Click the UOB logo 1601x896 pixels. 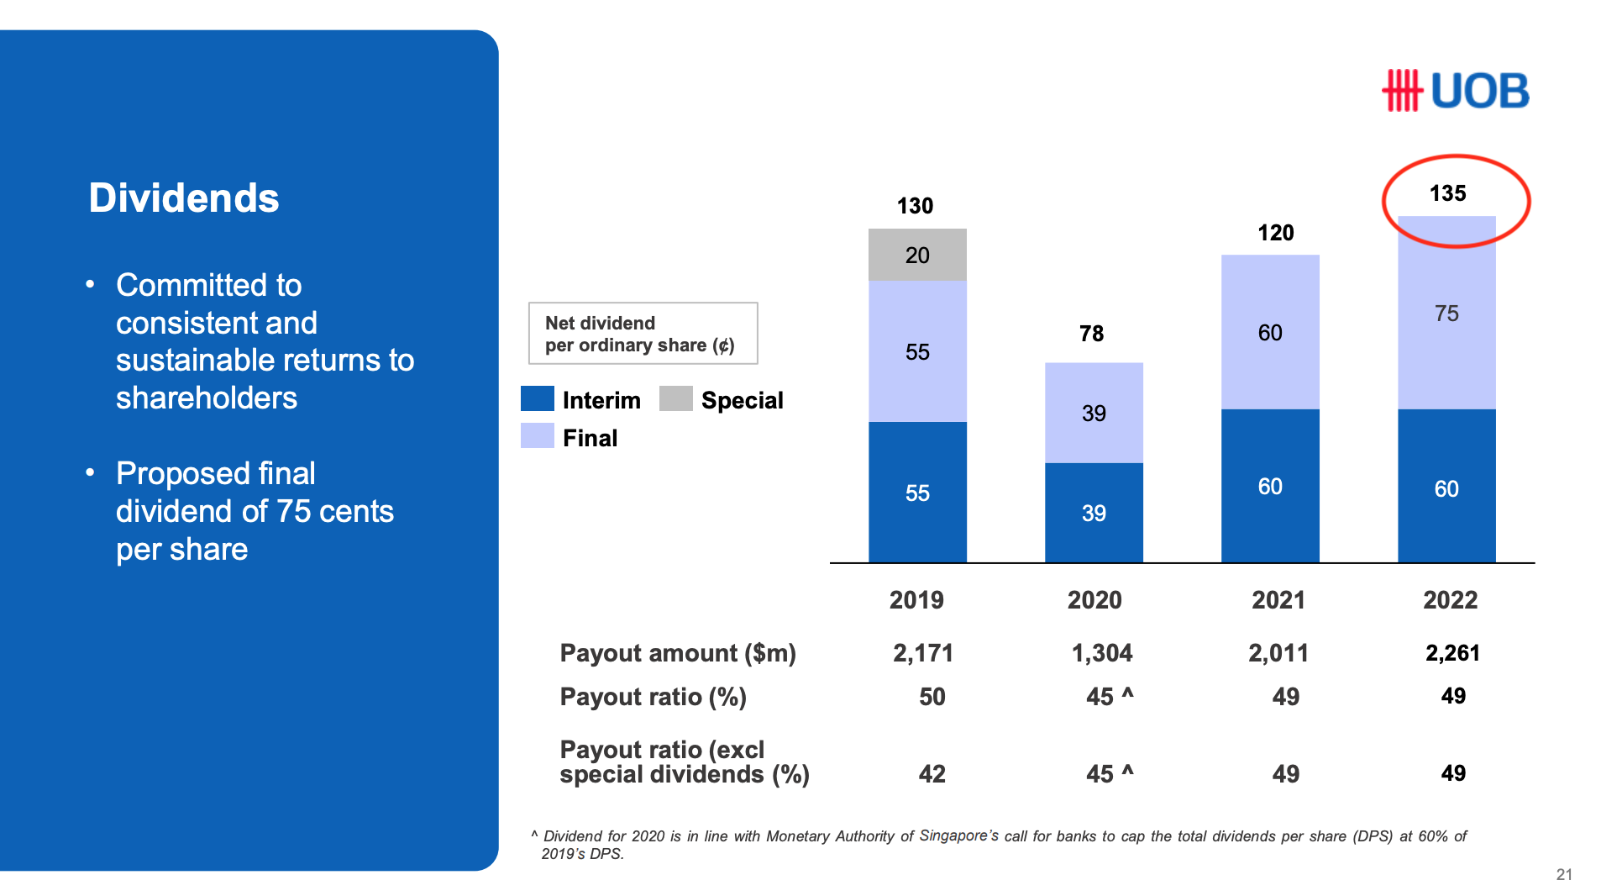coord(1455,91)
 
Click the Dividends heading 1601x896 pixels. coord(184,198)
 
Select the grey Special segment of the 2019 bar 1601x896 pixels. coord(916,255)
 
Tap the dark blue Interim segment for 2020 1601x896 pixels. coord(1093,512)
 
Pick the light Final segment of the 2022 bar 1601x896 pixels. coord(1446,314)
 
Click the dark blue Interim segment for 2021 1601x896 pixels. coord(1269,486)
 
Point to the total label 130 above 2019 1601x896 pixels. coord(915,206)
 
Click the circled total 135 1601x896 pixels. coord(1447,193)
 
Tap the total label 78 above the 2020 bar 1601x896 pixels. coord(1091,334)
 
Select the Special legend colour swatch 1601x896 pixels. coord(675,398)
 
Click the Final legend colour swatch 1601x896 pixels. coord(537,435)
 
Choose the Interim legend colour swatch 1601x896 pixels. coord(537,398)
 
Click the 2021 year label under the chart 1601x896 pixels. coord(1278,599)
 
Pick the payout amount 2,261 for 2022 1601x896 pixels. coord(1452,652)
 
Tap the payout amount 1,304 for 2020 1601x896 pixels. coord(1101,652)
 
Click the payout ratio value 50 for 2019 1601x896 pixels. coord(932,696)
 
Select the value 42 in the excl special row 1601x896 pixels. coord(932,773)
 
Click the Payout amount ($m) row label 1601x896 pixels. coord(677,652)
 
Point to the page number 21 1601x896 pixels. coord(1563,874)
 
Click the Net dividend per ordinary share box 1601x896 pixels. coord(643,334)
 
